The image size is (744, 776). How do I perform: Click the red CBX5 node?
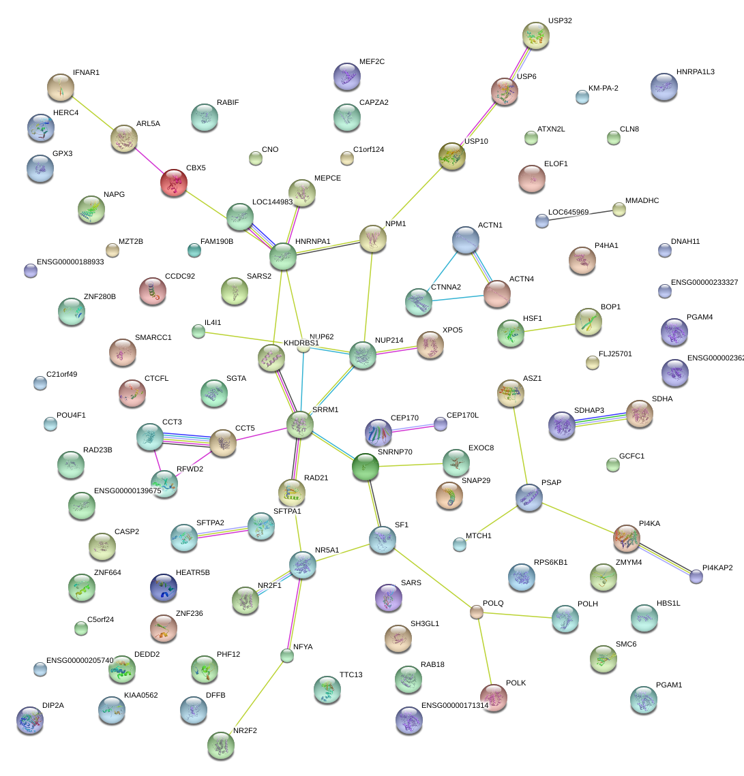pos(174,183)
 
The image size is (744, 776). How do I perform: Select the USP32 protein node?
pos(536,35)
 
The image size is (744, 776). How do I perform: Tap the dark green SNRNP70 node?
pos(365,467)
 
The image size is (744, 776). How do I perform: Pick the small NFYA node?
pos(287,655)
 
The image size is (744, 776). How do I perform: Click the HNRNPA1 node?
pos(283,256)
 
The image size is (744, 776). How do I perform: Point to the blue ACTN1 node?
pos(465,240)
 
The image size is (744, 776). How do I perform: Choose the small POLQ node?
pos(477,612)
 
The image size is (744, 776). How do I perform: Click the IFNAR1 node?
pos(61,87)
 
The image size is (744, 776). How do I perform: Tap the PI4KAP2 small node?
pos(696,576)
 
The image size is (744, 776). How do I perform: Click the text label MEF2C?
pos(372,62)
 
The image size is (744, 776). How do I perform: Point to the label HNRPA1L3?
pos(696,72)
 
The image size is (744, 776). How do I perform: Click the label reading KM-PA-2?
pos(603,88)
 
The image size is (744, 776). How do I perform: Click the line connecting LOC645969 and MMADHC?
pos(580,215)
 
